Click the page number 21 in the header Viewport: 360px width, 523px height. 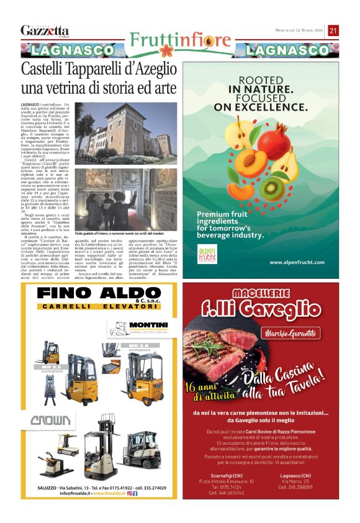click(x=333, y=30)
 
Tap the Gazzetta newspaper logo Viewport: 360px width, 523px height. click(x=45, y=30)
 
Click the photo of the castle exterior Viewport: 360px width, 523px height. click(x=122, y=134)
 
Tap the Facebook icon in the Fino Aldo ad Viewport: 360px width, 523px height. click(x=135, y=493)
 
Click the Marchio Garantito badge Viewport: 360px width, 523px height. click(x=292, y=334)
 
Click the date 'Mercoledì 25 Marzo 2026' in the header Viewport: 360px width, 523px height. click(x=300, y=30)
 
